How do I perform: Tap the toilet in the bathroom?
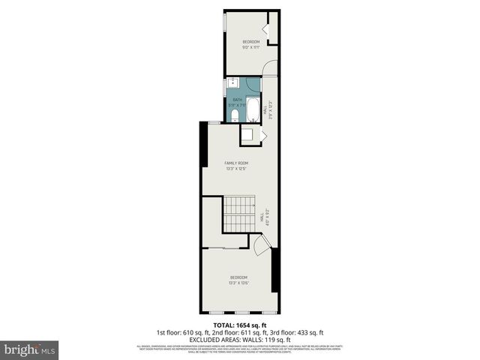tap(234, 115)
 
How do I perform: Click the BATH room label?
tap(238, 100)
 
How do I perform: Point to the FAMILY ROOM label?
tap(237, 163)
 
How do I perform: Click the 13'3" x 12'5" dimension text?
tap(237, 169)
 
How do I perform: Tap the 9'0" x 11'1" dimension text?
tap(250, 47)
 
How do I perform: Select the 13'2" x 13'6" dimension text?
tap(239, 283)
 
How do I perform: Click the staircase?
tap(240, 214)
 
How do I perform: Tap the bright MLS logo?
tap(30, 349)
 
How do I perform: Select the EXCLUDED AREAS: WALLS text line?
tap(240, 338)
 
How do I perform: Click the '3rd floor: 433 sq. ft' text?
tap(301, 332)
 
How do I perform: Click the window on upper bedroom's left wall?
tap(224, 22)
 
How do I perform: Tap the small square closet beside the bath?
tap(247, 135)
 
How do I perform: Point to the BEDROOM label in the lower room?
tap(239, 277)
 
